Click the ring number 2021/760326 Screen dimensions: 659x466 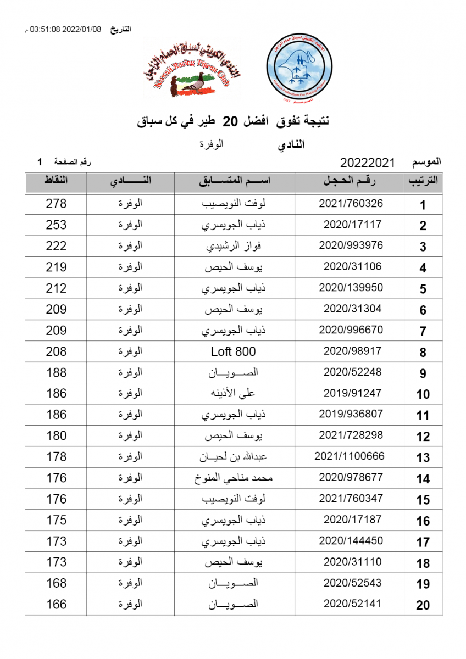(351, 204)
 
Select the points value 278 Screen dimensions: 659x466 (56, 204)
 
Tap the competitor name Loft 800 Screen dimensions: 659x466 (234, 351)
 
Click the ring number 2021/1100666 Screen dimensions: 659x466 (349, 456)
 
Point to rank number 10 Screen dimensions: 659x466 (423, 394)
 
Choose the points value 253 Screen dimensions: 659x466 (56, 225)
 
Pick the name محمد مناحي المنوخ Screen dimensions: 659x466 (235, 478)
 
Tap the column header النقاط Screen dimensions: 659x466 (56, 181)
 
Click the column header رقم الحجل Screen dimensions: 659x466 (351, 181)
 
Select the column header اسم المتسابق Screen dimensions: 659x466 (235, 181)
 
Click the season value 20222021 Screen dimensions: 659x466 (368, 163)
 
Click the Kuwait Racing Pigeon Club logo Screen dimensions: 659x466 (192, 70)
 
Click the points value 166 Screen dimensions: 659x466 (56, 605)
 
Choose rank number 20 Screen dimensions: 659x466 (423, 605)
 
